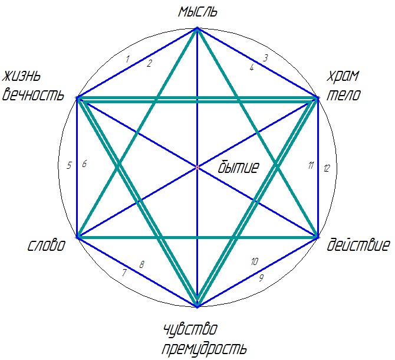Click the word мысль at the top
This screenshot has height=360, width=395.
(197, 12)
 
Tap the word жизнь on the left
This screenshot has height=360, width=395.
(21, 76)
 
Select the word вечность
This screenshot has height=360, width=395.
(33, 95)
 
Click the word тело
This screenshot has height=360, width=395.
(344, 95)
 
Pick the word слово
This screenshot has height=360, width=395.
(47, 245)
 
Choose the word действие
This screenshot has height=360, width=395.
(358, 245)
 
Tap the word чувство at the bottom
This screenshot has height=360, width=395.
(190, 329)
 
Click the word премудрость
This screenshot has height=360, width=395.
(204, 349)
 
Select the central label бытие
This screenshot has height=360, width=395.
(238, 167)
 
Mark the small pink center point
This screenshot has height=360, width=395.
(197, 167)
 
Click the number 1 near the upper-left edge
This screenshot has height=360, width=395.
(127, 59)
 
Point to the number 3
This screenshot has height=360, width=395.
(265, 58)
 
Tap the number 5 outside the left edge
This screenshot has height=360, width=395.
(69, 166)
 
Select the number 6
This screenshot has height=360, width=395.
(84, 164)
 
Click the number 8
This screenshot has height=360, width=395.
(142, 265)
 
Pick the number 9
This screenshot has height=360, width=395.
(262, 278)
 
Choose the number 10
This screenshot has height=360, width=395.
(255, 261)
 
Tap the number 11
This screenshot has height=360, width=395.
(311, 165)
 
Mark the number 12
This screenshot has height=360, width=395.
(327, 168)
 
